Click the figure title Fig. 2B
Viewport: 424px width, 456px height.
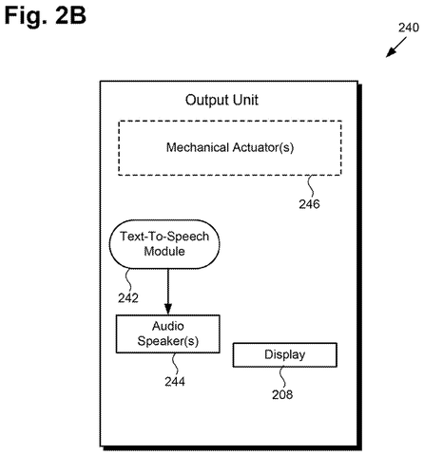pos(45,15)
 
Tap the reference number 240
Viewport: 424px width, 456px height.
pos(409,28)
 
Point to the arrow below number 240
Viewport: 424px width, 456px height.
pos(396,47)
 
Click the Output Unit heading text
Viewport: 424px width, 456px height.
pos(222,100)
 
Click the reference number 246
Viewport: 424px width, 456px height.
pos(309,204)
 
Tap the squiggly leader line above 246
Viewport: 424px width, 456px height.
pos(311,186)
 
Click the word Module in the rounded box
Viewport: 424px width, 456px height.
pos(164,252)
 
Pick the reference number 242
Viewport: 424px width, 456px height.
pos(128,298)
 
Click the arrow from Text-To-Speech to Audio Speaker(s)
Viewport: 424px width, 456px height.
pos(168,292)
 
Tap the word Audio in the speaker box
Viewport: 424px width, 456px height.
pos(168,326)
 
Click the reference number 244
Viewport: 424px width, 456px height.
pos(175,382)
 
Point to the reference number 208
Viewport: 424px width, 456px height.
pos(282,394)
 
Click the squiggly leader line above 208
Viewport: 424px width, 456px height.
pos(282,377)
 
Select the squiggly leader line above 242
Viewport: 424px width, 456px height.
pos(128,280)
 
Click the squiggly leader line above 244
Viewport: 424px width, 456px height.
pos(175,364)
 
